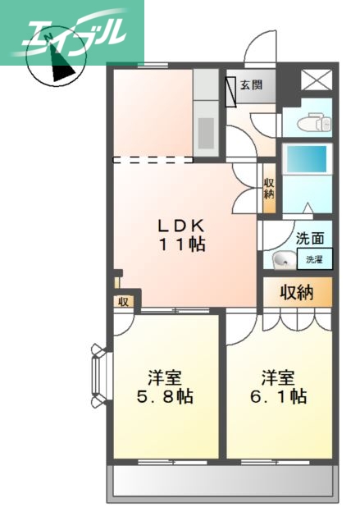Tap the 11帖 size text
click(x=182, y=244)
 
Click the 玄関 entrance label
click(x=251, y=84)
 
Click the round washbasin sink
click(x=281, y=261)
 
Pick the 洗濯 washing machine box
click(x=315, y=259)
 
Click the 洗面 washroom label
click(x=309, y=240)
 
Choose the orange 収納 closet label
click(x=296, y=292)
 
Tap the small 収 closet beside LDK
click(x=123, y=301)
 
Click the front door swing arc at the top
click(x=262, y=45)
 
